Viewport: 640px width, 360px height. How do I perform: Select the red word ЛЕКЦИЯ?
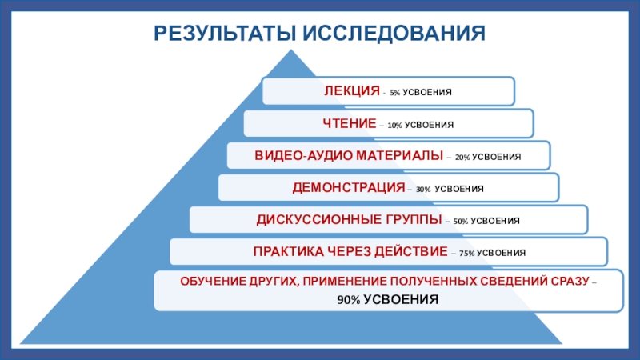(351, 91)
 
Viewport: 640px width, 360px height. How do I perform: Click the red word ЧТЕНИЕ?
(350, 124)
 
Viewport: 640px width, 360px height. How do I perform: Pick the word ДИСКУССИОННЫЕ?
(310, 219)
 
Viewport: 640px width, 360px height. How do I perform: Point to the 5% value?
(395, 93)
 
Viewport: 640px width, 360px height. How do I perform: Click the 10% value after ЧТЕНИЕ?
(394, 126)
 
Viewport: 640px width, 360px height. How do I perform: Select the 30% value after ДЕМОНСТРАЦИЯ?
(422, 190)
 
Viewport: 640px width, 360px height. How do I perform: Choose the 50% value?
(461, 221)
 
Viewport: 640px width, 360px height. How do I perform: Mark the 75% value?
(468, 254)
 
